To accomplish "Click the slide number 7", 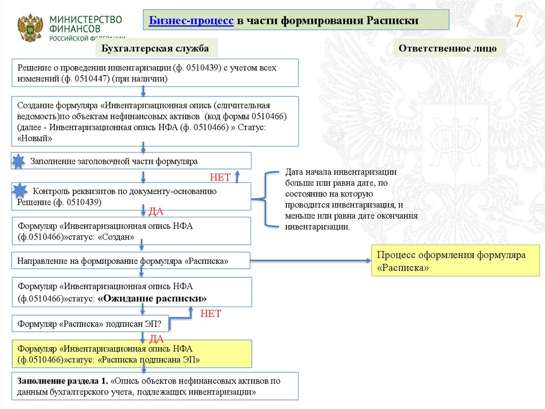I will click(x=518, y=22).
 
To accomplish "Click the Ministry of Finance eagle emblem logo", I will click(x=30, y=28).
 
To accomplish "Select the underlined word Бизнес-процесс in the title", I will click(x=191, y=21).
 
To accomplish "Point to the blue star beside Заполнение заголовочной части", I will click(x=18, y=161).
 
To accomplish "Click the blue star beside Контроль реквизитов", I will click(x=20, y=190).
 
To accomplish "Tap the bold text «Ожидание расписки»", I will click(x=152, y=298).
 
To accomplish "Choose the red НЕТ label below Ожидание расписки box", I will click(x=210, y=314).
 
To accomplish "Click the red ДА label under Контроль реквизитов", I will click(x=155, y=212).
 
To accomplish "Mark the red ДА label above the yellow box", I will click(x=156, y=338).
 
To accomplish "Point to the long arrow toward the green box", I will click(x=311, y=261).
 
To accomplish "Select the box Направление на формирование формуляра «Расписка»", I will click(x=131, y=262).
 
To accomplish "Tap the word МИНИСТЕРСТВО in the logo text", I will click(x=86, y=19).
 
